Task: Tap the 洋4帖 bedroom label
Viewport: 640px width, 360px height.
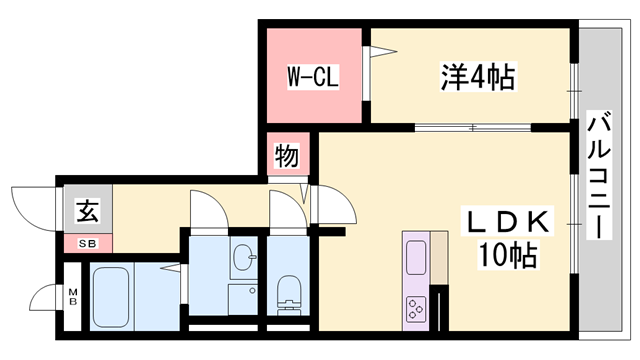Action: pyautogui.click(x=478, y=76)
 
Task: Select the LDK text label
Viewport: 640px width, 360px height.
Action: pyautogui.click(x=507, y=222)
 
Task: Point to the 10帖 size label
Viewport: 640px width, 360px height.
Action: pyautogui.click(x=507, y=254)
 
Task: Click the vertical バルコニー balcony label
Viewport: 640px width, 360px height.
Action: pyautogui.click(x=599, y=175)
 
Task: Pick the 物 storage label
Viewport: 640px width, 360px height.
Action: pyautogui.click(x=287, y=156)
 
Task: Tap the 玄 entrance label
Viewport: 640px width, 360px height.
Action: pyautogui.click(x=88, y=211)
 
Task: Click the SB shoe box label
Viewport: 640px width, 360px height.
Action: pyautogui.click(x=88, y=244)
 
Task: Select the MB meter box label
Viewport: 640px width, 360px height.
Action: pyautogui.click(x=73, y=297)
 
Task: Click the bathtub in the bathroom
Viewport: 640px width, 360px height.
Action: pyautogui.click(x=111, y=297)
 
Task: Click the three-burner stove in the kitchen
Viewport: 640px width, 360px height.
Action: pyautogui.click(x=416, y=309)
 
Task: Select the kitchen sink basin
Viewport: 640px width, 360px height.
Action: pyautogui.click(x=416, y=257)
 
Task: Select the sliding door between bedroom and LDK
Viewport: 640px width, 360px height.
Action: pyautogui.click(x=473, y=128)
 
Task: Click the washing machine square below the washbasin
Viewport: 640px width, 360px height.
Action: pyautogui.click(x=243, y=300)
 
